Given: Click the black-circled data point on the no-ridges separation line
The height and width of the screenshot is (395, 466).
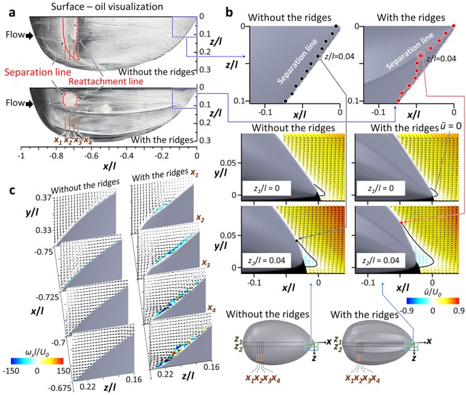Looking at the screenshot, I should (x=315, y=59).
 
